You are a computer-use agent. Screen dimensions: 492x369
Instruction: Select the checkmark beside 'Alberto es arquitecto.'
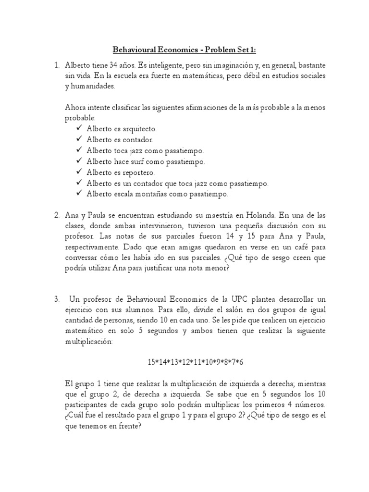tap(79, 129)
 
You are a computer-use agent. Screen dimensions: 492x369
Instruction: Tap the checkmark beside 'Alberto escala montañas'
tap(79, 195)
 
